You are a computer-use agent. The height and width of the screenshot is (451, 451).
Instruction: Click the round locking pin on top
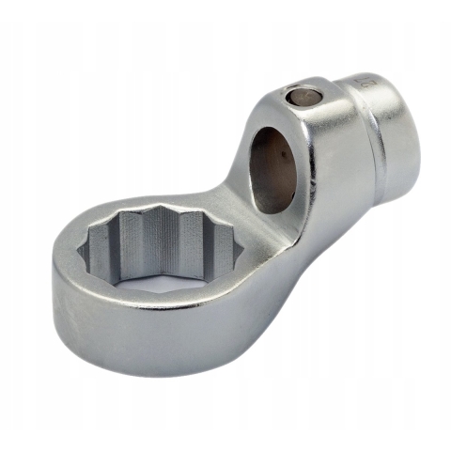pos(303,96)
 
